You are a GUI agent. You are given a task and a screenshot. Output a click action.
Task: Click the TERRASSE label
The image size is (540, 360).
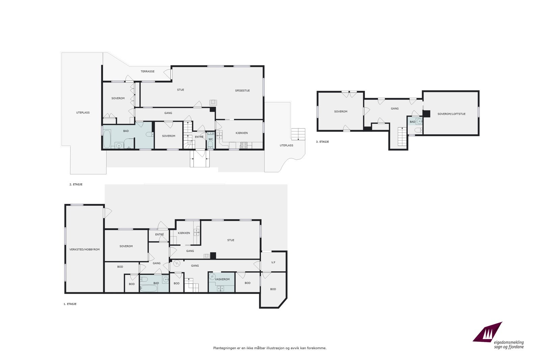tap(147, 72)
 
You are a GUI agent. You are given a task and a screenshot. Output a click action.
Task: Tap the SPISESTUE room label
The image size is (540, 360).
tap(242, 90)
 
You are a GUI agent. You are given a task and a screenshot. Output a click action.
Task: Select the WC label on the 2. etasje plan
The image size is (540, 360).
tap(211, 139)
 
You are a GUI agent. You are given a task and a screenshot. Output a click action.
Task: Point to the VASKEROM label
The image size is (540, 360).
tap(222, 279)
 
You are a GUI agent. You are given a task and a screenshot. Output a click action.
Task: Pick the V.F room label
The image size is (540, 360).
tap(273, 262)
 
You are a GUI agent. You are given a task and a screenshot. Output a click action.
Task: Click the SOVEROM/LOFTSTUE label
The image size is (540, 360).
tap(451, 114)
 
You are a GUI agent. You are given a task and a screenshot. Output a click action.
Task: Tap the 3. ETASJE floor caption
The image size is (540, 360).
tap(322, 142)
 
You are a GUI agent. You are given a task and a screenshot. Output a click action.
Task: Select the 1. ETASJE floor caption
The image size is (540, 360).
tap(70, 304)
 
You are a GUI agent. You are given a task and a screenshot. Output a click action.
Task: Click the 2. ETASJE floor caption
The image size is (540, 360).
tap(76, 185)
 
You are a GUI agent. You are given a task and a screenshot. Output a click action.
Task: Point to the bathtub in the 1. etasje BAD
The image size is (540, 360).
tap(148, 288)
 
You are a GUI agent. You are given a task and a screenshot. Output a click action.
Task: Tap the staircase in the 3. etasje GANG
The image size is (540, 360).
tap(402, 136)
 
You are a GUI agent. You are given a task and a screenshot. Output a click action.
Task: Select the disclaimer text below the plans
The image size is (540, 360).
tap(270, 348)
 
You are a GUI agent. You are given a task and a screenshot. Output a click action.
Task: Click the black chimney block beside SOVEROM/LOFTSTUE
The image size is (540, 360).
tap(427, 114)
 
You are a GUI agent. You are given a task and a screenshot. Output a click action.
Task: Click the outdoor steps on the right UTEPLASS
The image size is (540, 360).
tap(298, 134)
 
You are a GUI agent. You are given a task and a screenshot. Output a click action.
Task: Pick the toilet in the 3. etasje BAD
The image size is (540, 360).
tap(417, 130)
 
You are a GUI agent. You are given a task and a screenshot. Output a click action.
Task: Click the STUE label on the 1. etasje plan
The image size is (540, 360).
tap(231, 240)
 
